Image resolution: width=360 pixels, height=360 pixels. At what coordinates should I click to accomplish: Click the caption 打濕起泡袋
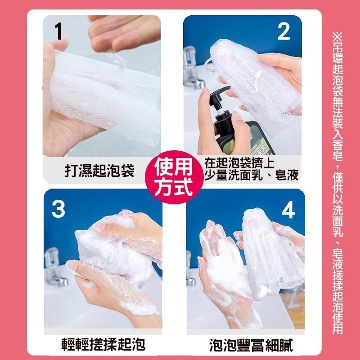(99, 172)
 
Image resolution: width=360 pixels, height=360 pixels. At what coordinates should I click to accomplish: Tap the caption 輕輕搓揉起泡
(103, 346)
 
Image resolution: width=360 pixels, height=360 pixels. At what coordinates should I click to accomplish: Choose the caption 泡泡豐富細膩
(251, 346)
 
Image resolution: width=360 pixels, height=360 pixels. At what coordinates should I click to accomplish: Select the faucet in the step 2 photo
(192, 72)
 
